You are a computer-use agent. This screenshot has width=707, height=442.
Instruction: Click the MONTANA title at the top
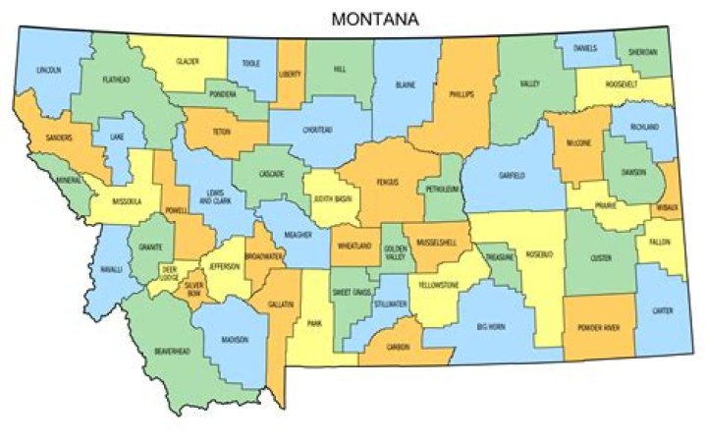click(x=373, y=19)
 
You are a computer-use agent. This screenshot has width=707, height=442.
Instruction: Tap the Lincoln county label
click(x=48, y=71)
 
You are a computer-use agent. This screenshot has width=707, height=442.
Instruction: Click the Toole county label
click(x=250, y=64)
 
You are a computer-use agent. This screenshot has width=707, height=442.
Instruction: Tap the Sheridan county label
click(x=642, y=51)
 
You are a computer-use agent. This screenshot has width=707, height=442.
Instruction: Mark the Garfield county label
click(x=512, y=175)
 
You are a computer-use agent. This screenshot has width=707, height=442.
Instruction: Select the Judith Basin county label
click(x=332, y=197)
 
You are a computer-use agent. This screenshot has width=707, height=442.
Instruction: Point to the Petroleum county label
click(x=443, y=188)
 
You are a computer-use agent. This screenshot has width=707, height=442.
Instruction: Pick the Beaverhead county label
click(x=172, y=351)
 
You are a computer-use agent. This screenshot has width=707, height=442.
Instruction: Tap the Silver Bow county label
click(x=193, y=288)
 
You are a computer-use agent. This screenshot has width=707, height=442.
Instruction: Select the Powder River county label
click(x=598, y=327)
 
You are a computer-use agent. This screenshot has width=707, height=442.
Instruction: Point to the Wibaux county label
click(x=670, y=208)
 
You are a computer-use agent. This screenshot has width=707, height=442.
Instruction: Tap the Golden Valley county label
click(x=394, y=251)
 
